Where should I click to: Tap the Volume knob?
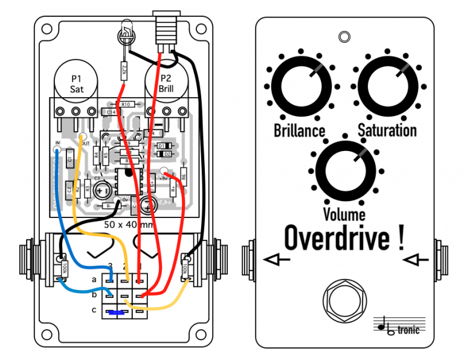[x=344, y=169]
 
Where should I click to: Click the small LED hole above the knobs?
[x=344, y=37]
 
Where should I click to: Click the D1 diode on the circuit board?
[x=164, y=146]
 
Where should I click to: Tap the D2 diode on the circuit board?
[x=164, y=155]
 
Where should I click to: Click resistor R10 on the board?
[x=126, y=104]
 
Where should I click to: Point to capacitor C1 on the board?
[x=70, y=159]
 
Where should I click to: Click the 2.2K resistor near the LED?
[x=123, y=69]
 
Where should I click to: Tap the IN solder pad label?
[x=57, y=143]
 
